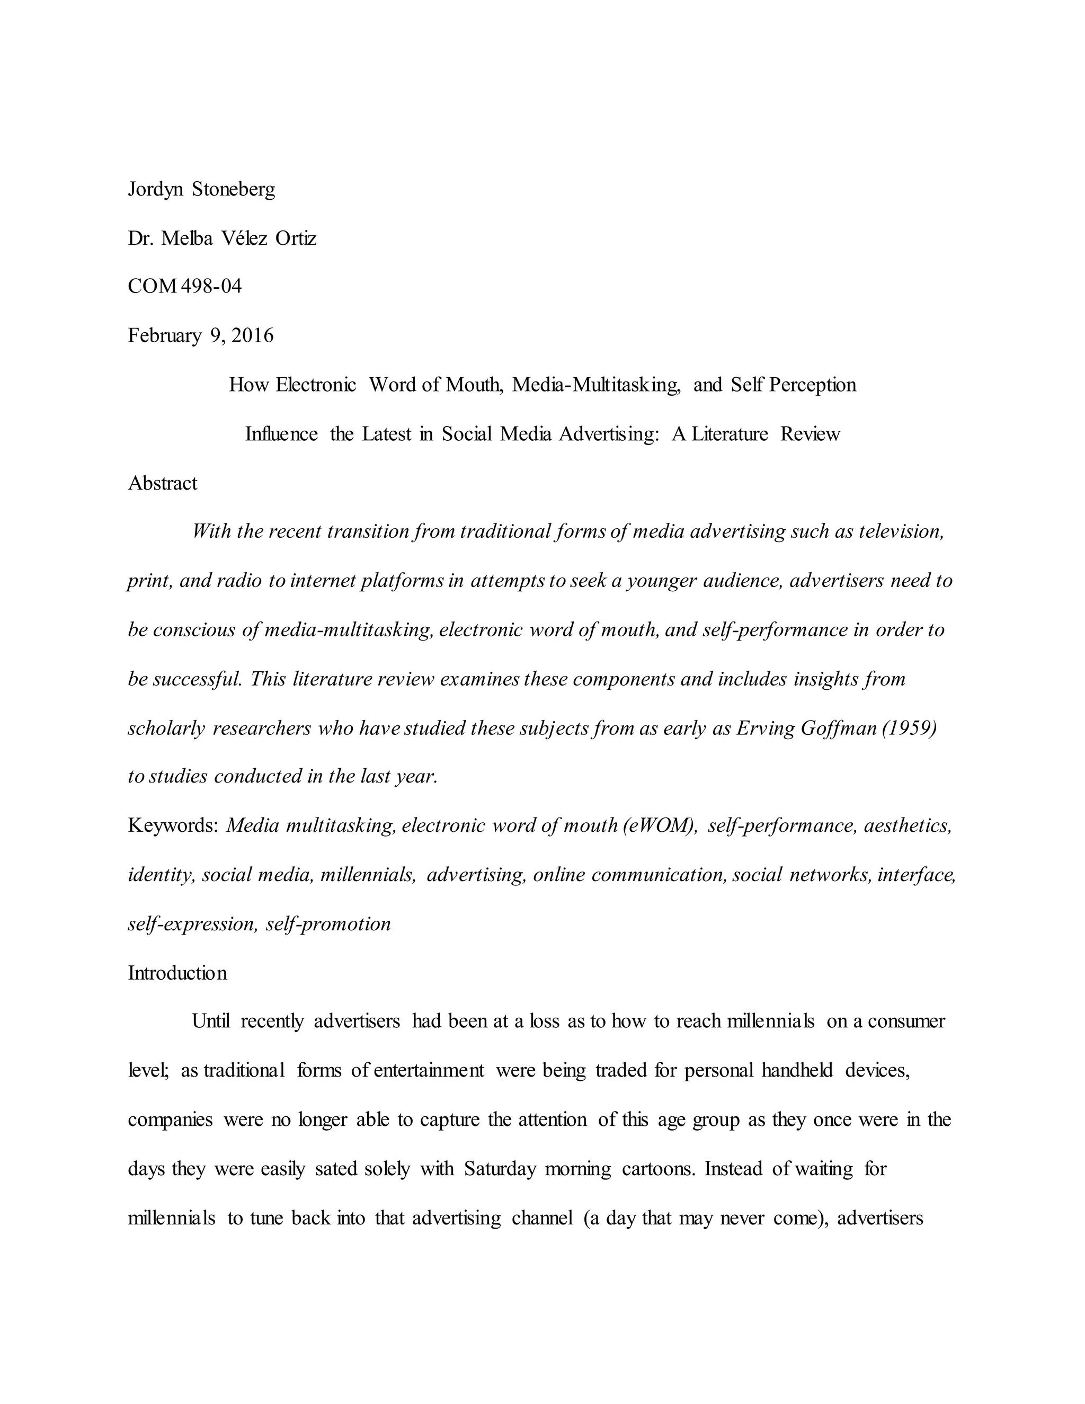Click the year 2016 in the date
(253, 335)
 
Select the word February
(165, 335)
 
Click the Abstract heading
(163, 483)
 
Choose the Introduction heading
(177, 973)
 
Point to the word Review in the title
(810, 434)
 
